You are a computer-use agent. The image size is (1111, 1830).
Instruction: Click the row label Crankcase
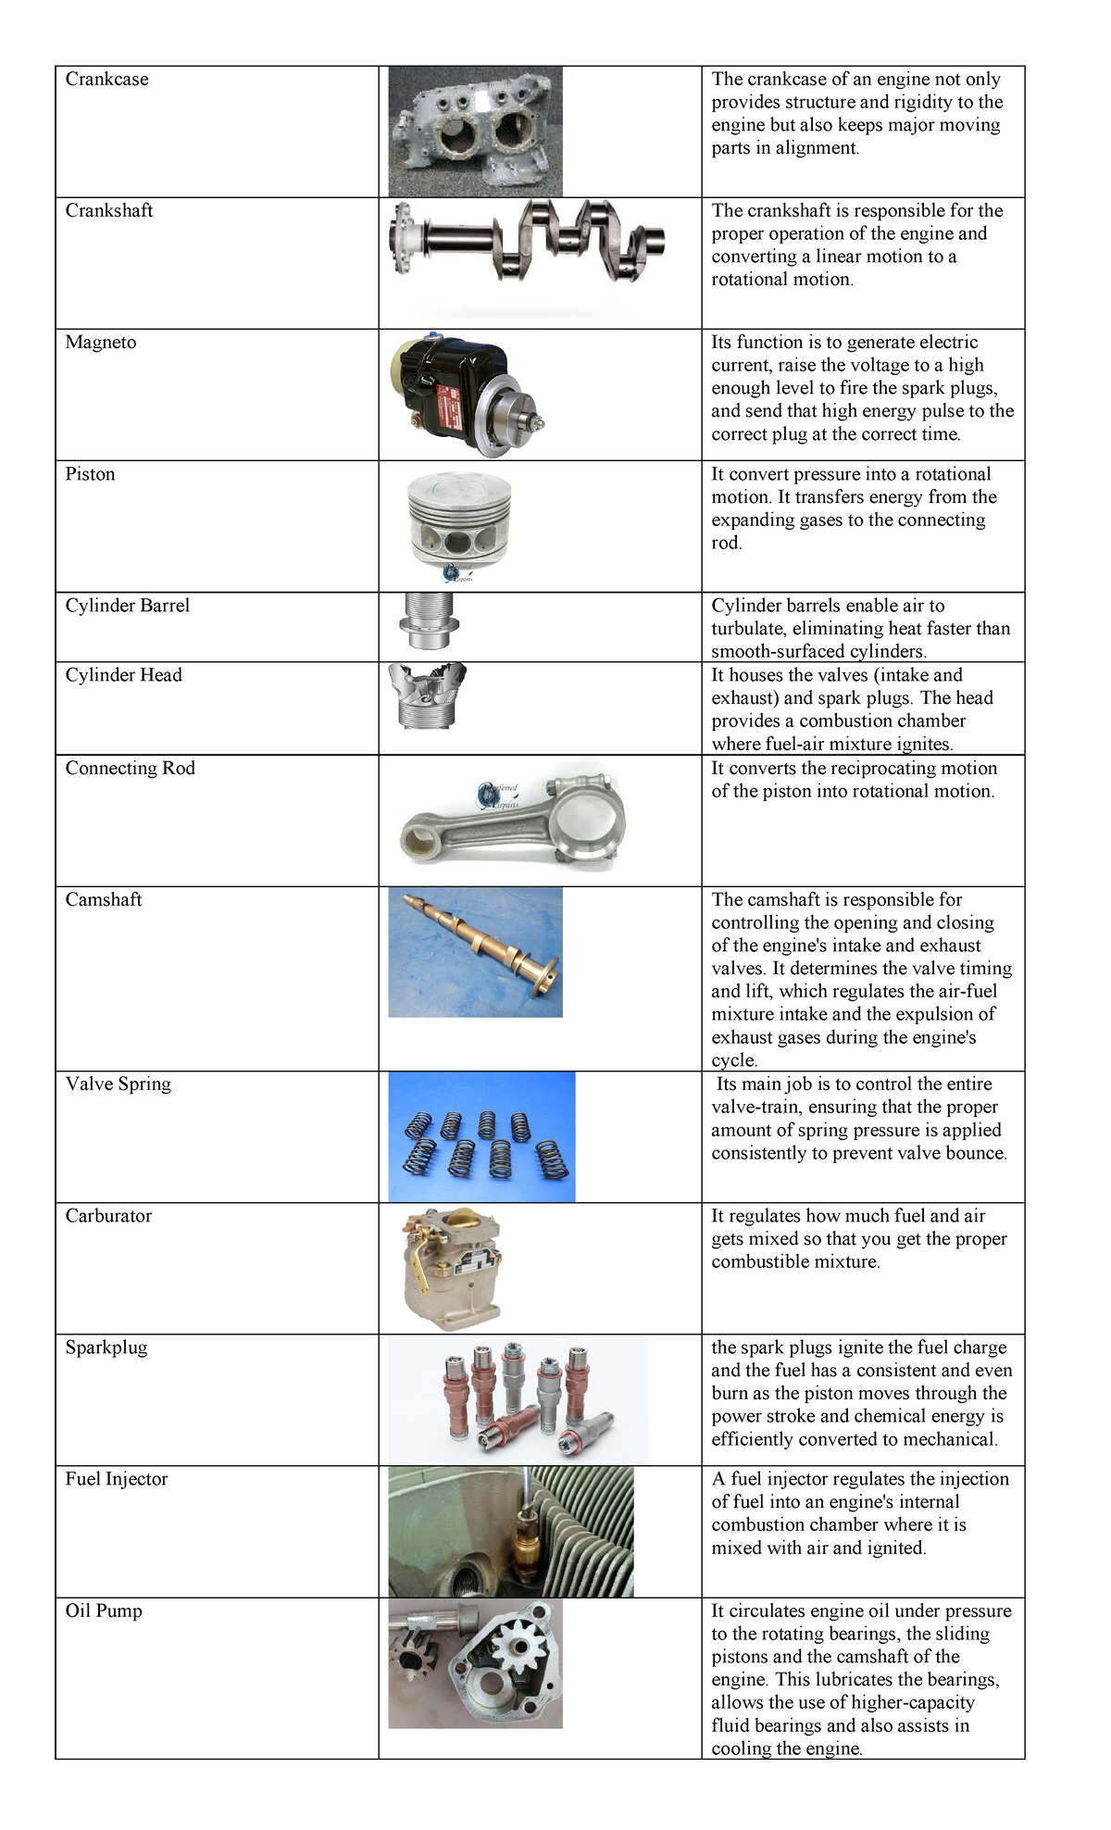[106, 80]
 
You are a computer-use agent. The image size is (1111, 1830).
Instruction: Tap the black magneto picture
[463, 394]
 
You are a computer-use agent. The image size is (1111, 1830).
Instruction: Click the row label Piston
[90, 474]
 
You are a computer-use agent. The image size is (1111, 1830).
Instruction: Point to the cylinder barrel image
[429, 621]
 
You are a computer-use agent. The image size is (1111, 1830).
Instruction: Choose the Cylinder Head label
[123, 675]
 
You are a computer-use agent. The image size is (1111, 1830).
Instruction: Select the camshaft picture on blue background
[475, 952]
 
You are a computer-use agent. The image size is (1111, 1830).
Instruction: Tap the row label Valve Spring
[118, 1084]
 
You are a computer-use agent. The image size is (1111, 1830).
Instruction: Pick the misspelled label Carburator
[108, 1216]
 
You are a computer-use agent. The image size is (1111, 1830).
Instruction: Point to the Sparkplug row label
[106, 1347]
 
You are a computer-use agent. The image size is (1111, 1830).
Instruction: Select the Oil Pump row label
[103, 1611]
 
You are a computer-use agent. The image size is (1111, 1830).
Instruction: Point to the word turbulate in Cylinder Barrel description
[748, 629]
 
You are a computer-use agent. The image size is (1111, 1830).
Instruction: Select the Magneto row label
[100, 343]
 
